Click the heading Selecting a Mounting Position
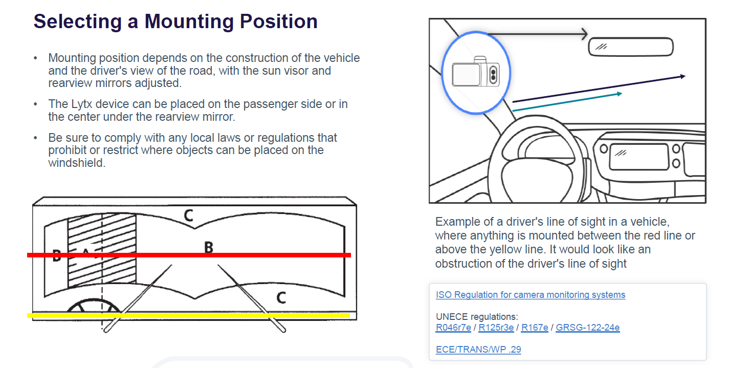coord(175,21)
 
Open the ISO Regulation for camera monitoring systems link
coord(530,295)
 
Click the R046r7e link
coord(453,328)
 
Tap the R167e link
coord(534,328)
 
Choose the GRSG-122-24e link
coord(587,328)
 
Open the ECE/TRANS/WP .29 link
coord(478,350)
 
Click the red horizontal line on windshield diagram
coord(256,255)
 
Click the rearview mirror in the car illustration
coord(631,47)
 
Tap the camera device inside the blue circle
coord(475,73)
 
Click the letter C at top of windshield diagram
coord(189,216)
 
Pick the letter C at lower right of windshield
coord(281,297)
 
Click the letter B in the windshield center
coord(208,247)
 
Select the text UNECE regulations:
coord(477,316)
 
